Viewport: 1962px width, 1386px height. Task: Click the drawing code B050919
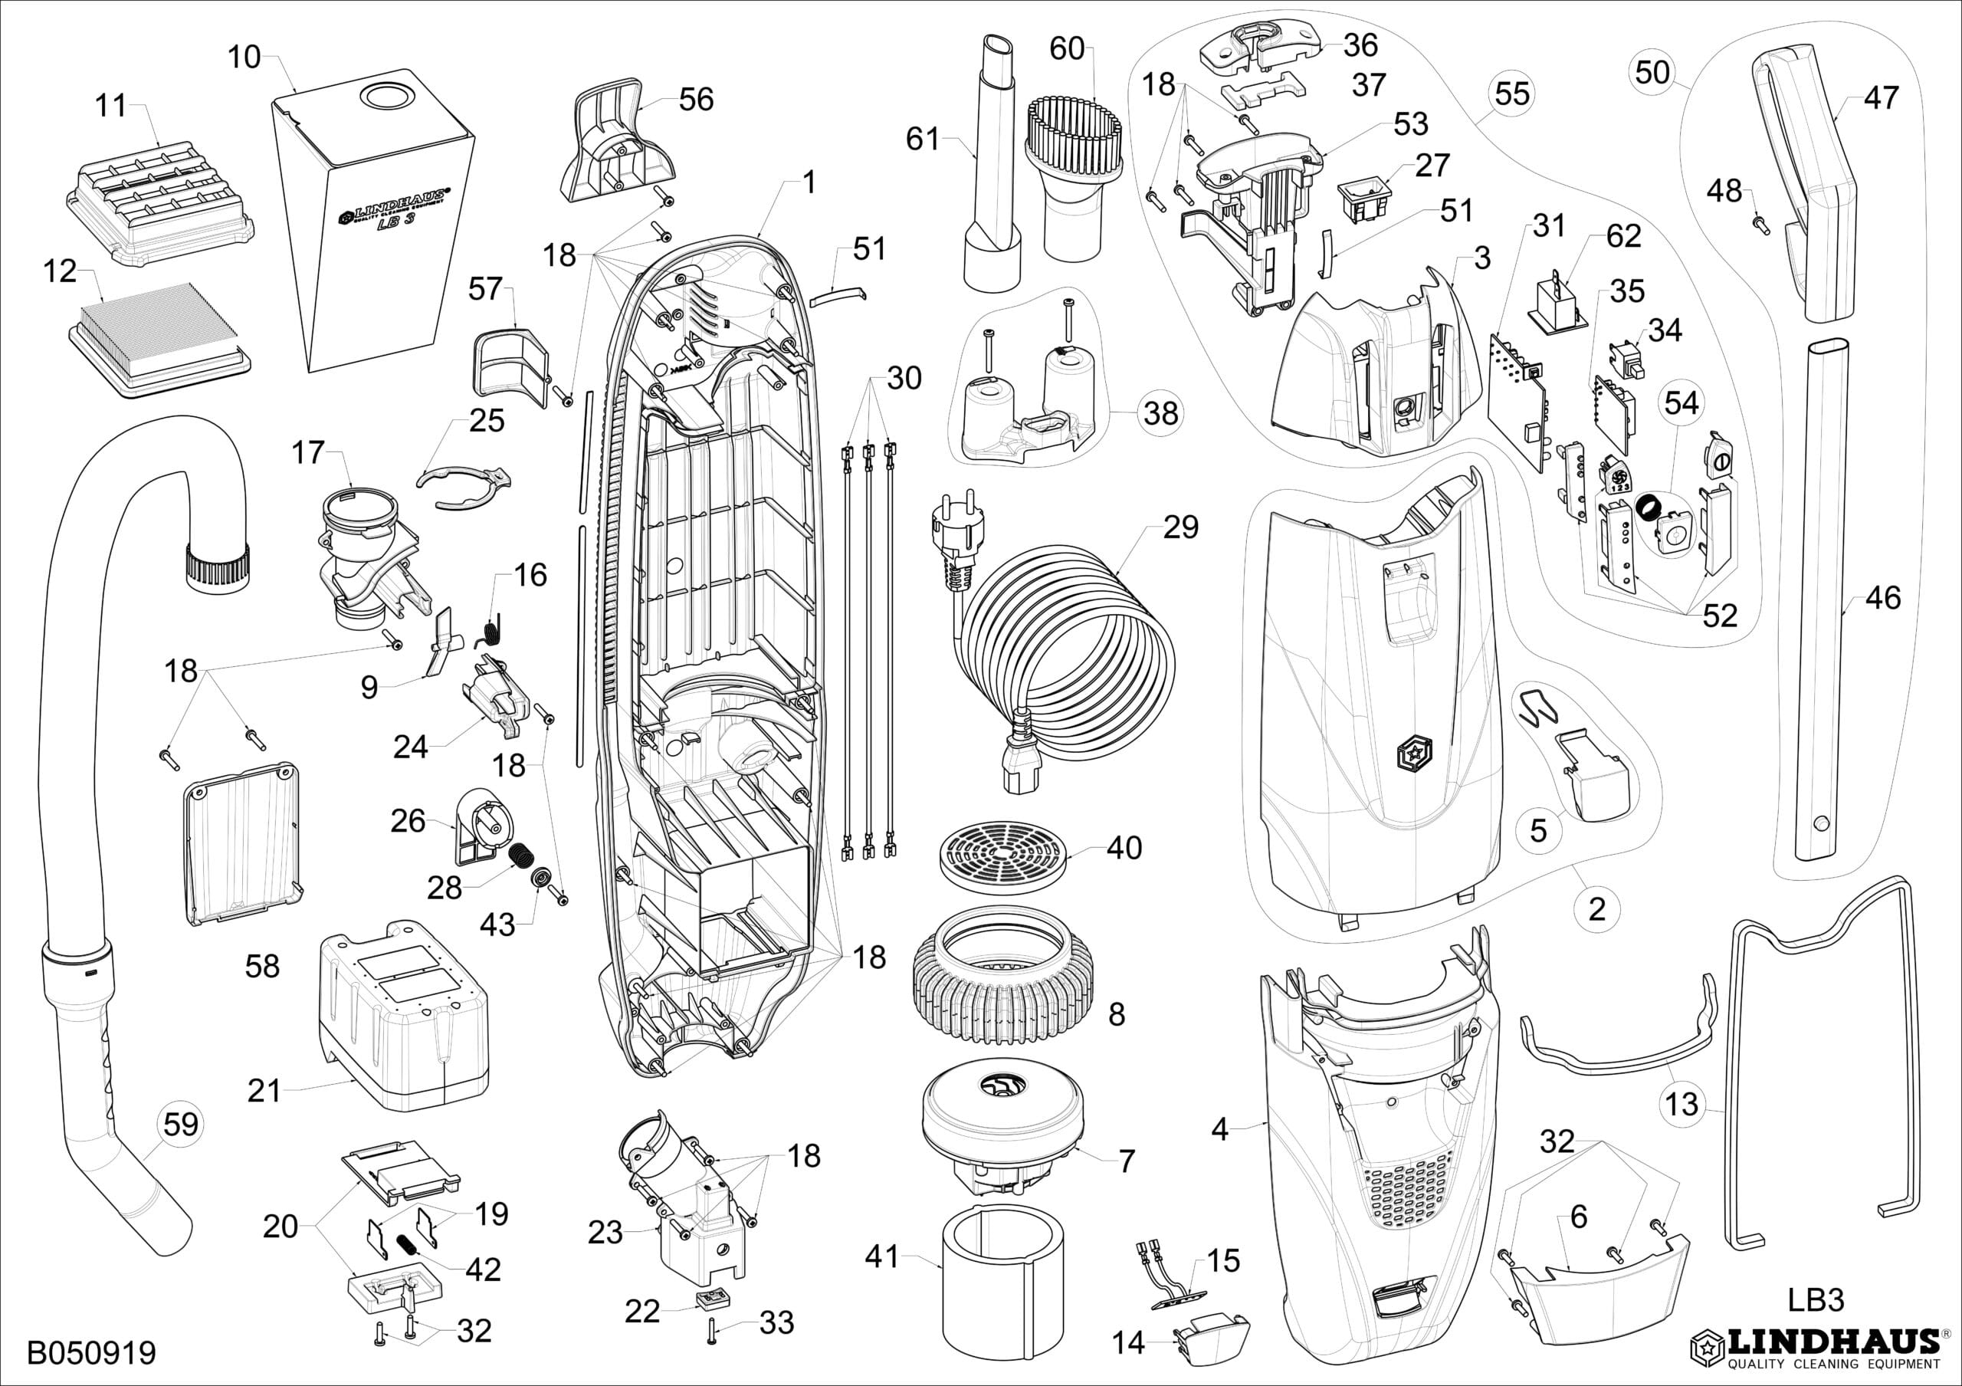91,1353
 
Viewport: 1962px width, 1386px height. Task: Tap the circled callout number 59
180,1124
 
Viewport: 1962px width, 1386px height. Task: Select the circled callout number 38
1161,414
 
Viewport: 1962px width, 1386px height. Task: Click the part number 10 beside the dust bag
244,57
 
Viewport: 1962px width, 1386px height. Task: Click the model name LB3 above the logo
1816,1299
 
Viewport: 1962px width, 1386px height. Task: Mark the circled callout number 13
1681,1104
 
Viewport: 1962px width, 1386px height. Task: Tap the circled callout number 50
1652,72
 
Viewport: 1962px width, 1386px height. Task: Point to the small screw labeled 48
1760,224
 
